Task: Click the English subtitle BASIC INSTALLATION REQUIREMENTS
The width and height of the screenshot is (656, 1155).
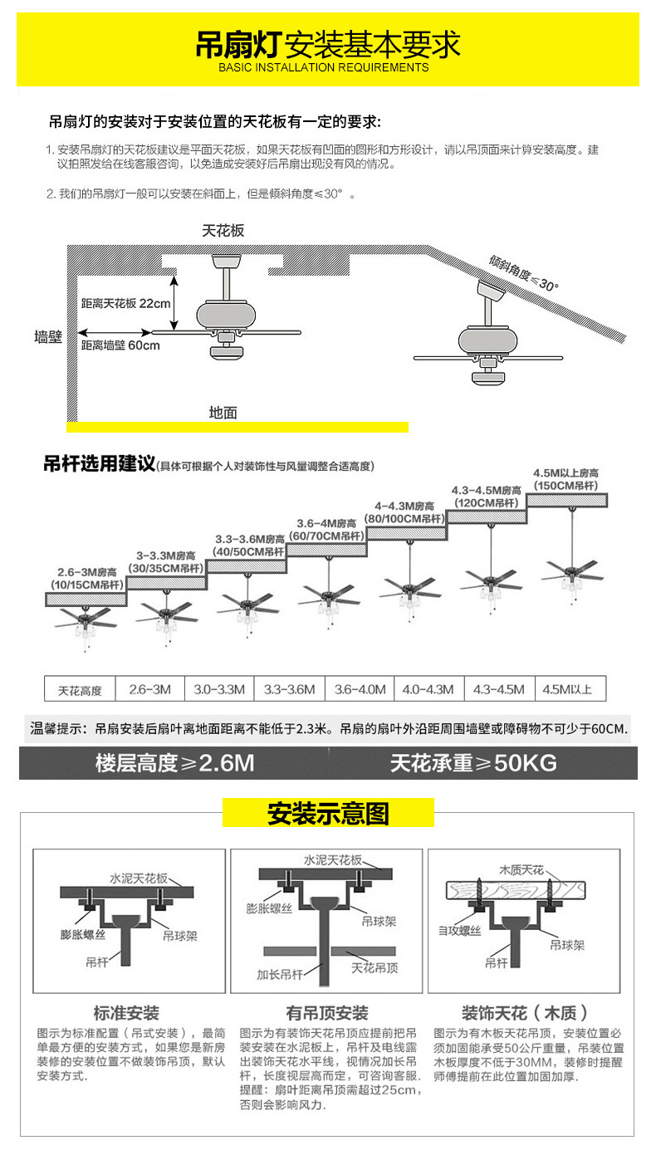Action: tap(324, 67)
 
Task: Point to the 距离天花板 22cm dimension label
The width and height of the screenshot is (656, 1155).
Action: tap(125, 303)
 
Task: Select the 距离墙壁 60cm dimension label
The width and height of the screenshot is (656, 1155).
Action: tap(120, 345)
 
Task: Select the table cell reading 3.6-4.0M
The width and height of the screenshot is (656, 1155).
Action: tap(360, 689)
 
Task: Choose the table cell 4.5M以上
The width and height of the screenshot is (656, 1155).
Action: tap(567, 689)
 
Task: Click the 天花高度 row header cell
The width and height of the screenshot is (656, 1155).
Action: tap(80, 690)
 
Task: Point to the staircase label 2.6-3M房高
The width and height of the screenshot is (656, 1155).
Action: tap(87, 573)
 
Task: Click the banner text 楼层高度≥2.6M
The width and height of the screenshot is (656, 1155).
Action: tap(174, 763)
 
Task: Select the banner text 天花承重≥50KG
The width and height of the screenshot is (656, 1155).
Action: tap(473, 763)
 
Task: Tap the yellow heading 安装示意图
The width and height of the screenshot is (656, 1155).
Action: tap(328, 814)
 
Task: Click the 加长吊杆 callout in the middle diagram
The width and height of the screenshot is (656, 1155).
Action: tap(279, 974)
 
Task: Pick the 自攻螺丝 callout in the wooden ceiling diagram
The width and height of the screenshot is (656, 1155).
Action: tap(459, 931)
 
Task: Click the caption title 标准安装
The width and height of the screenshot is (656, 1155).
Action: tap(126, 1013)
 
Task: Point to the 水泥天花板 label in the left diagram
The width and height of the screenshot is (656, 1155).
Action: tap(139, 878)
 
